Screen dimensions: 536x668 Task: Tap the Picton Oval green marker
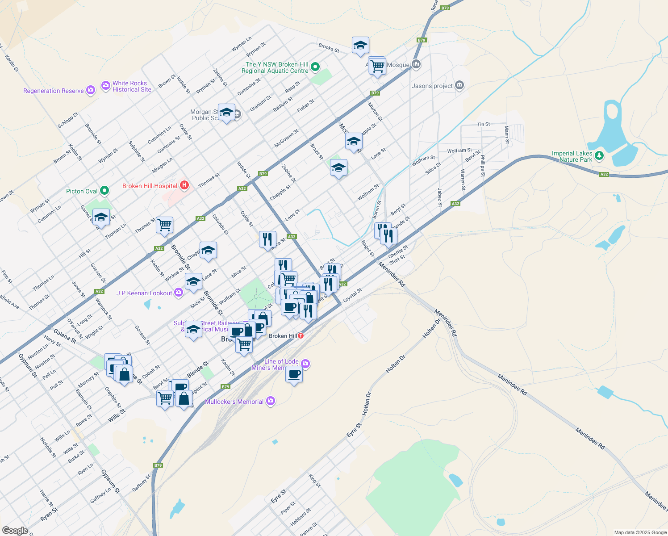pos(104,191)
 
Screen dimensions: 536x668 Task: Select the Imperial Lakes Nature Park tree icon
pos(599,156)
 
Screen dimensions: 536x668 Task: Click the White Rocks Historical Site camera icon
pos(106,86)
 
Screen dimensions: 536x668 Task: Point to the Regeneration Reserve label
pos(54,91)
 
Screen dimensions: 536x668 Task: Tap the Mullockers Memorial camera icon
pos(270,401)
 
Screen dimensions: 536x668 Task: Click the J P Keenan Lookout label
pos(144,293)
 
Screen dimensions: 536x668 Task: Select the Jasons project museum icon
pos(460,85)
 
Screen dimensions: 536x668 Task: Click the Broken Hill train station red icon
pos(301,335)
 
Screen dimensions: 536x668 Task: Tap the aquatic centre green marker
pos(315,67)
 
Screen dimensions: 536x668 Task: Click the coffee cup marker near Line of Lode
pos(294,374)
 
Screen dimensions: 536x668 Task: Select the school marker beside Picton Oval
pos(101,218)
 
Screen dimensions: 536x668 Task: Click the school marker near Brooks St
pos(360,45)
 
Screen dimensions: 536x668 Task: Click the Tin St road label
pos(484,124)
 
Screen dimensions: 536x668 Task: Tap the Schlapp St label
pos(68,120)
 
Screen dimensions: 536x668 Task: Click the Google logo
pos(15,531)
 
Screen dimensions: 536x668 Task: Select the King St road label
pos(314,481)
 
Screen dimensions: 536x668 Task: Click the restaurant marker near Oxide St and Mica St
pos(267,239)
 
